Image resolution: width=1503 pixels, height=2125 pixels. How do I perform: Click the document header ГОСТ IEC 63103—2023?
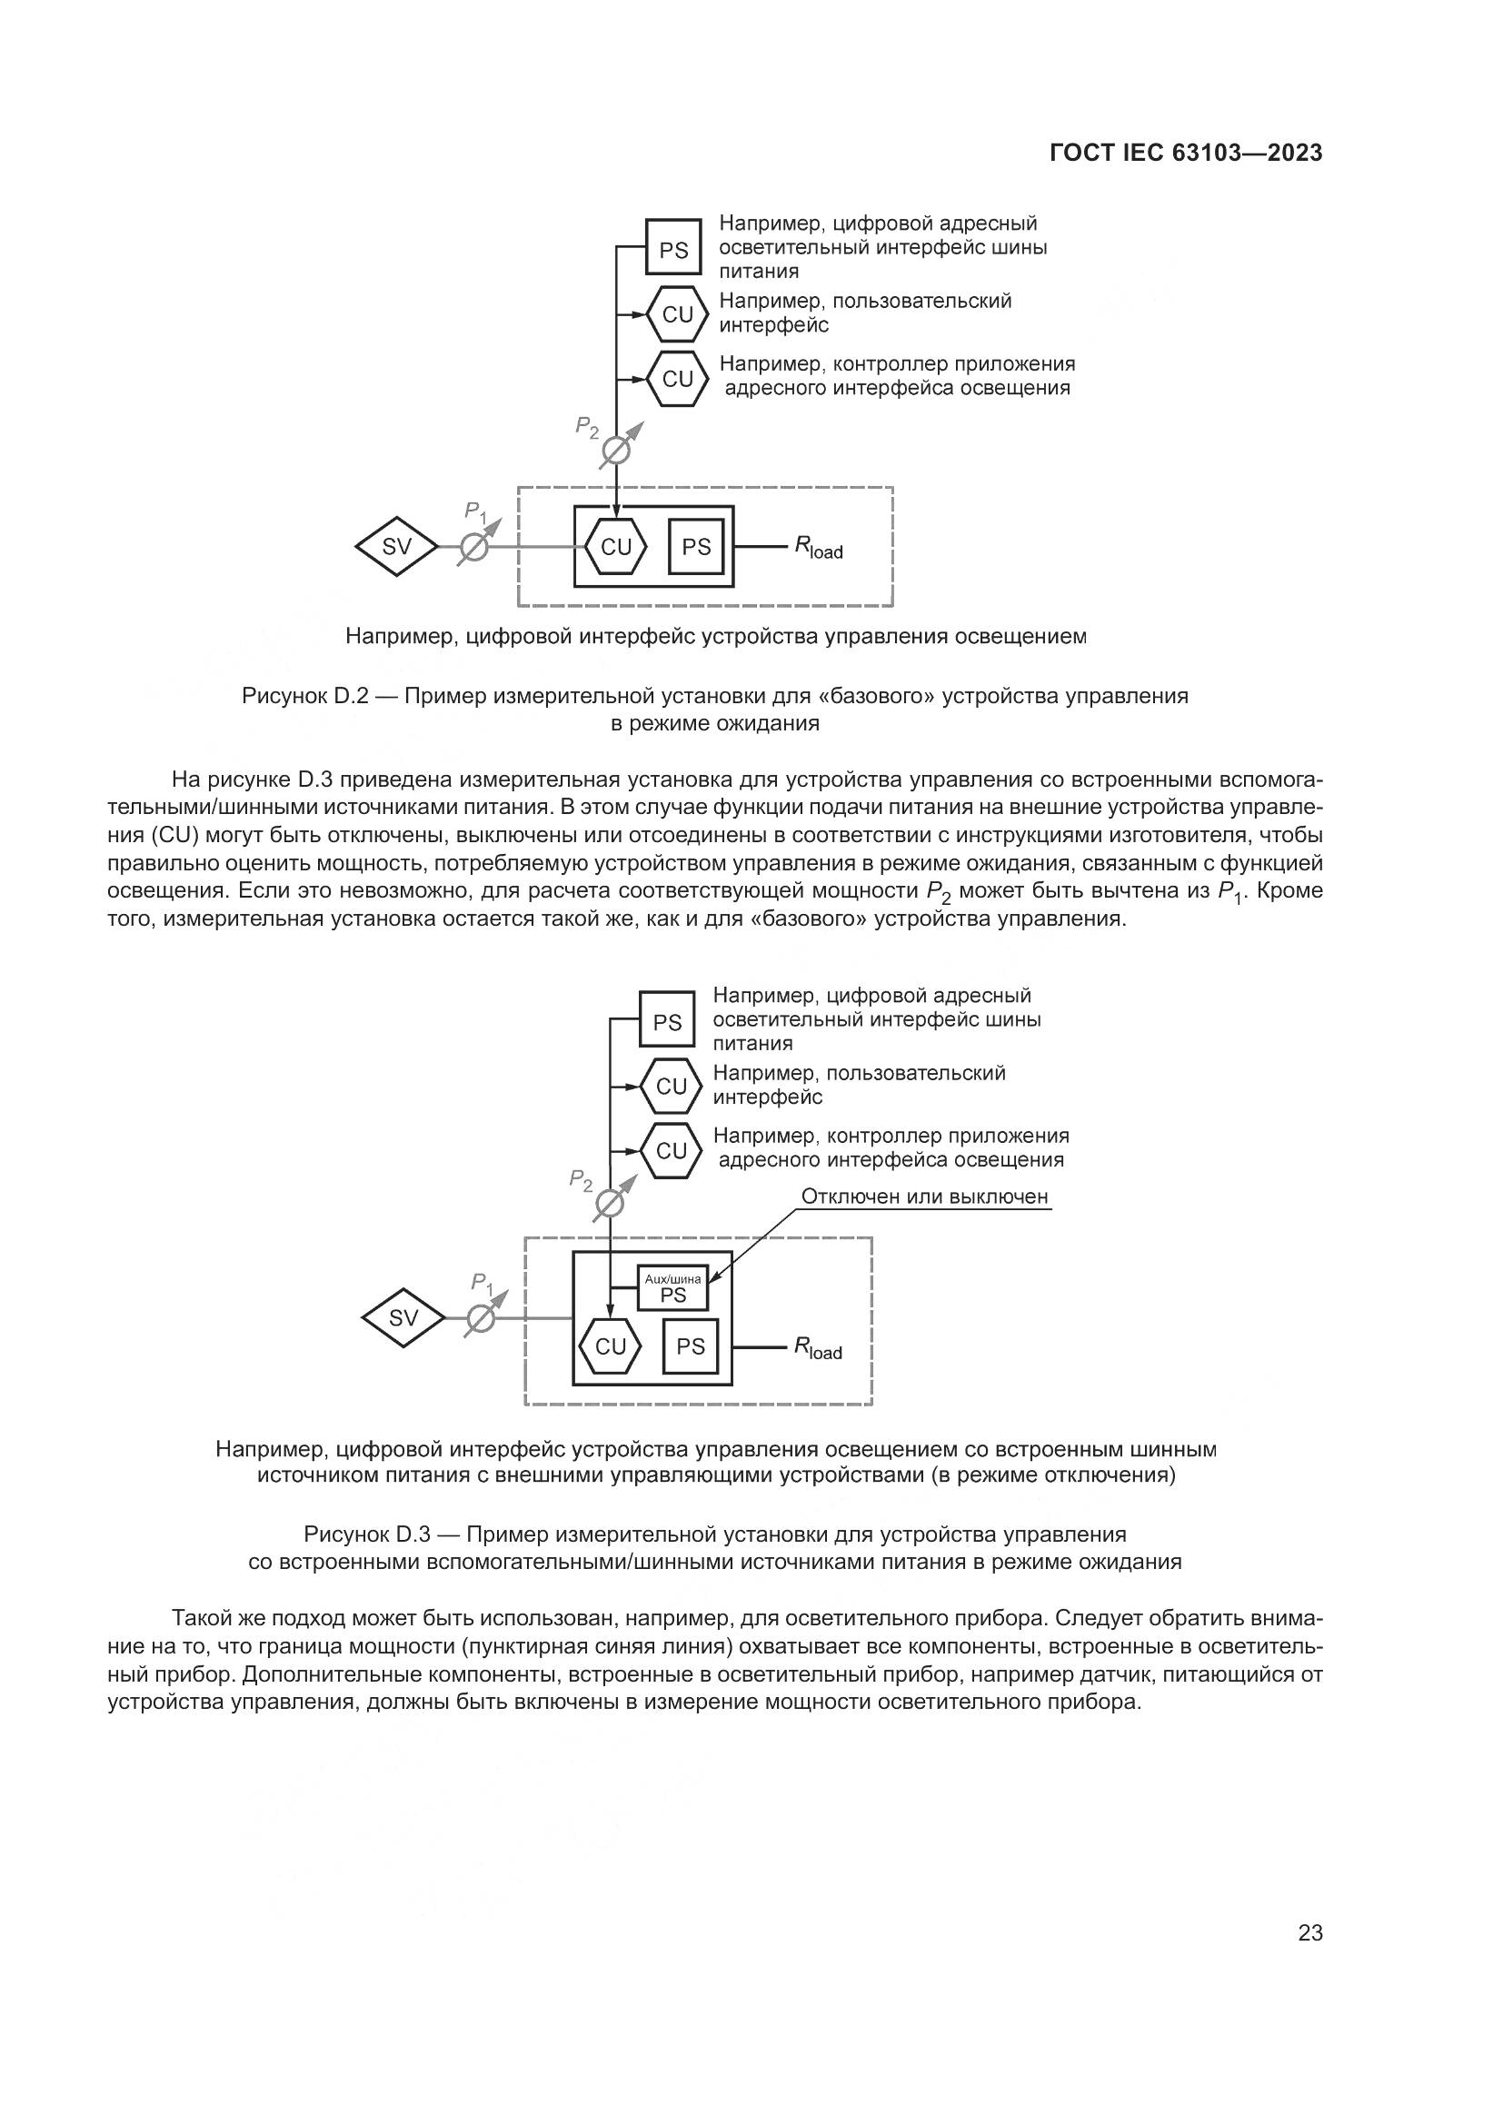coord(1186,154)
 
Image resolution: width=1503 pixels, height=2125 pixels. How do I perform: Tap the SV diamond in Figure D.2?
coord(396,547)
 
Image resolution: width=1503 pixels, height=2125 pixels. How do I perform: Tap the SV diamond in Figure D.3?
coord(403,1318)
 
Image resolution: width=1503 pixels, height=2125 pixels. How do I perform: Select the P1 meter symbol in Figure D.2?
coord(473,547)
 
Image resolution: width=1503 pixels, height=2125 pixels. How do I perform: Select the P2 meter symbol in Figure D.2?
coord(615,451)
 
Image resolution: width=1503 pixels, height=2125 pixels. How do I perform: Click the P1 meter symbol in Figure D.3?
coord(481,1318)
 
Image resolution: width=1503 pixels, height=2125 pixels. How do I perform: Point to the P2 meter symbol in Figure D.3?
coord(609,1204)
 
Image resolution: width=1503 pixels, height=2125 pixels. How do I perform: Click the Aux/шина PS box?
coord(672,1288)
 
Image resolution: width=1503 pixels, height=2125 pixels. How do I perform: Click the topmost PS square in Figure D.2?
coord(673,249)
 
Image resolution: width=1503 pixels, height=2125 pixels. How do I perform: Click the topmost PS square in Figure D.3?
coord(667,1022)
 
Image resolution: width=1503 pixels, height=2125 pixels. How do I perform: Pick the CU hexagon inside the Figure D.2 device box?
coord(615,547)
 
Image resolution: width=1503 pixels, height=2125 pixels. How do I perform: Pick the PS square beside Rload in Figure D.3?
coord(691,1346)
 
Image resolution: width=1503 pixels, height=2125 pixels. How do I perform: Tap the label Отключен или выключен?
coord(923,1197)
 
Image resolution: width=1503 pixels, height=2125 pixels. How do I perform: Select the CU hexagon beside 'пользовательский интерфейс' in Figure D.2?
coord(678,314)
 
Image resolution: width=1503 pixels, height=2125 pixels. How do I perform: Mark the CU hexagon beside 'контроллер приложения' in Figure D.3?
coord(671,1150)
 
